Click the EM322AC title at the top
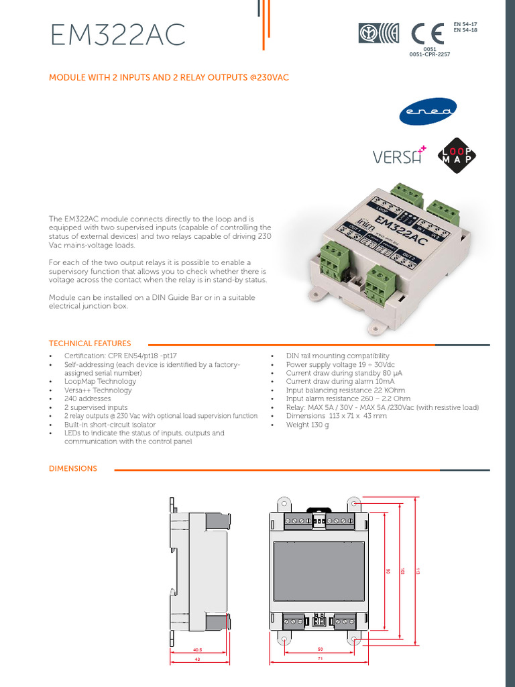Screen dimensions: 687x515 pyautogui.click(x=117, y=35)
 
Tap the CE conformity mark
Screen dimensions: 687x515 pyautogui.click(x=426, y=34)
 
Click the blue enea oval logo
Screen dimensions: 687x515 pyautogui.click(x=428, y=113)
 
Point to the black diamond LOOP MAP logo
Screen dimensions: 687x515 pyautogui.click(x=458, y=155)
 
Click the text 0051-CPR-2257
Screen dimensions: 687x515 pyautogui.click(x=429, y=54)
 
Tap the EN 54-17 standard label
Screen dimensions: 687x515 pyautogui.click(x=465, y=24)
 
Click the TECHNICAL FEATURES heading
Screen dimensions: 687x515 pyautogui.click(x=90, y=343)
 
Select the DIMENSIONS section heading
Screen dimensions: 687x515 pyautogui.click(x=73, y=468)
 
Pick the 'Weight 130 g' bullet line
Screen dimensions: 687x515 pyautogui.click(x=307, y=425)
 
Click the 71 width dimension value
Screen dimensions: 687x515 pyautogui.click(x=321, y=660)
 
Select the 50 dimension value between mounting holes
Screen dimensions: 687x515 pyautogui.click(x=321, y=649)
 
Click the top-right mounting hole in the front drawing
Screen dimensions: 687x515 pyautogui.click(x=354, y=502)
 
